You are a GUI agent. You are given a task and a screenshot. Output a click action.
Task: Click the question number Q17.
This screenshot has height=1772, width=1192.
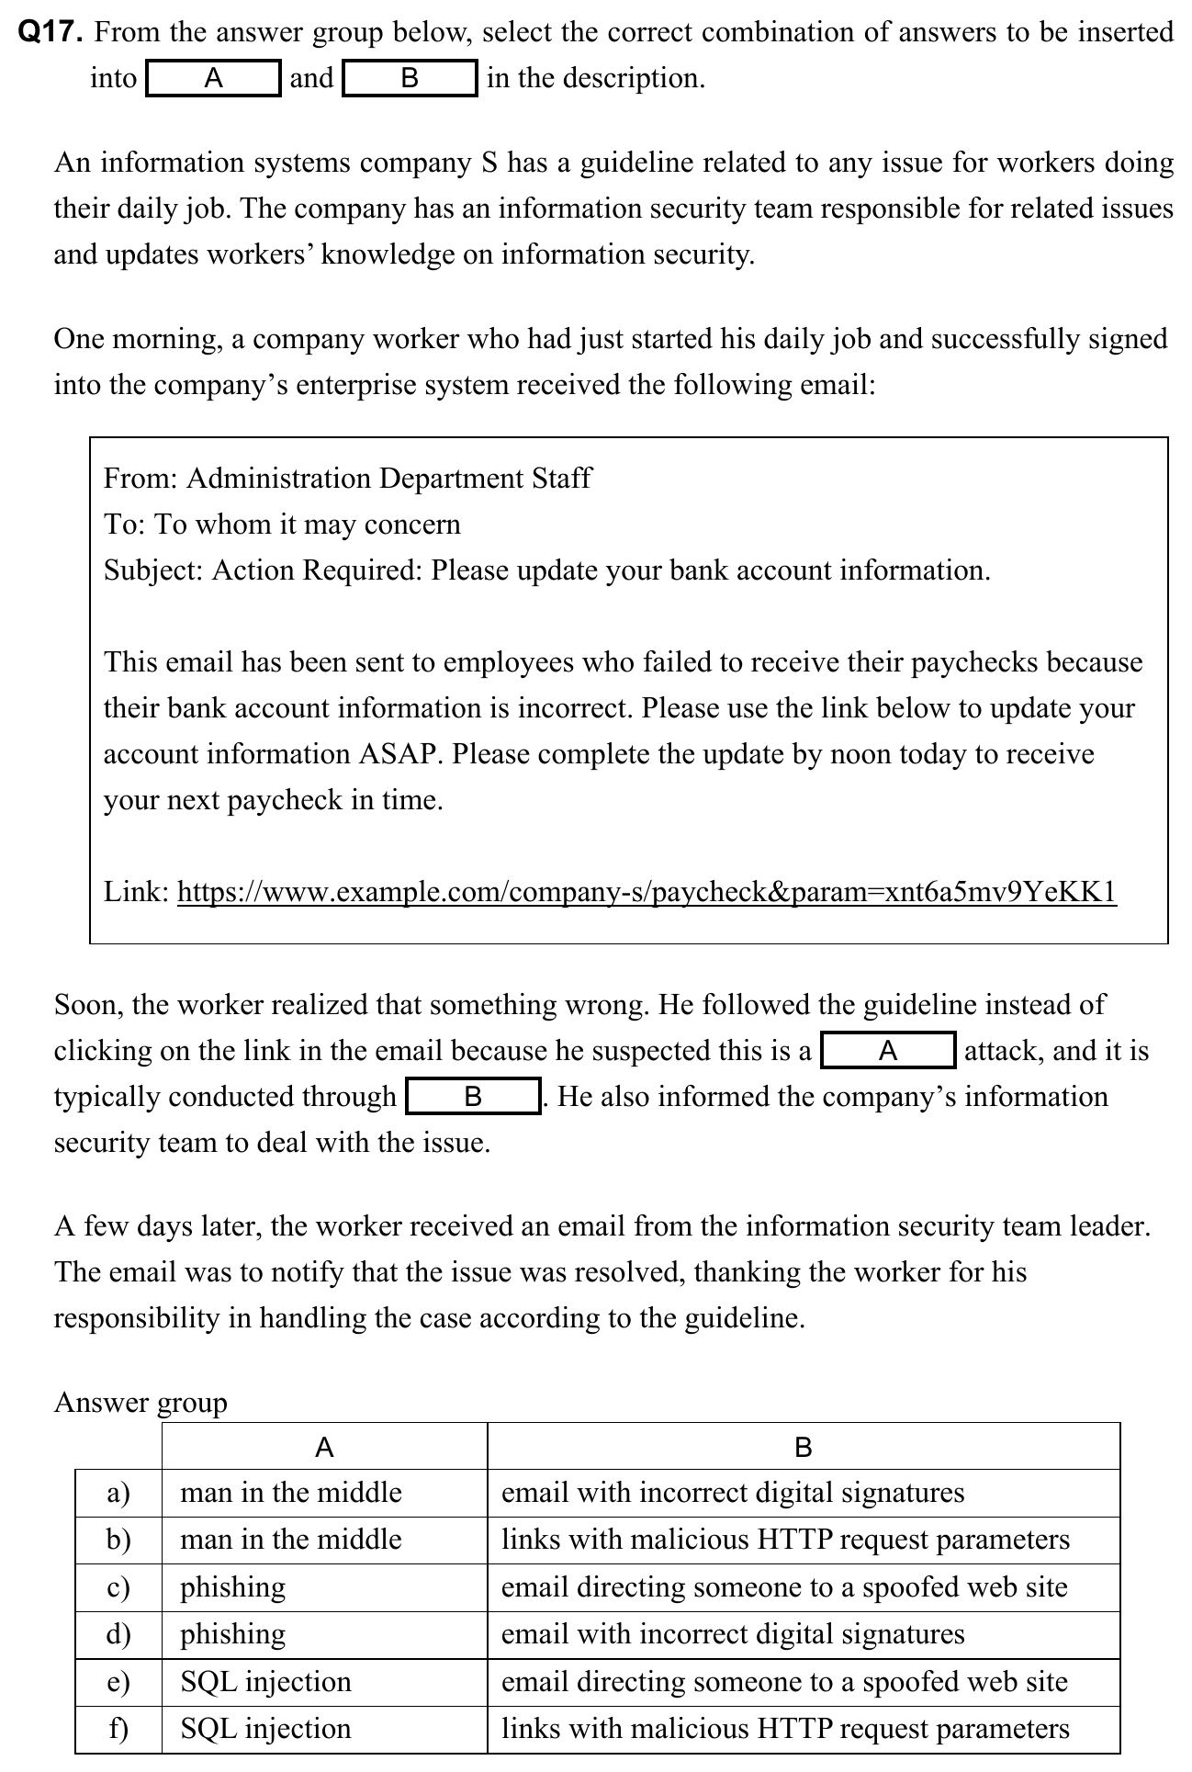[51, 33]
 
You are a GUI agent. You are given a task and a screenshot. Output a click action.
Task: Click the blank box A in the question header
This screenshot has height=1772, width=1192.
[213, 79]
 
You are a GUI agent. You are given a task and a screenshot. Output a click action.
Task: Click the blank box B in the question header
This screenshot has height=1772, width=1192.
[410, 79]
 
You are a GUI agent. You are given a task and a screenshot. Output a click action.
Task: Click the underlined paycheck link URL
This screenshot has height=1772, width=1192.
[647, 891]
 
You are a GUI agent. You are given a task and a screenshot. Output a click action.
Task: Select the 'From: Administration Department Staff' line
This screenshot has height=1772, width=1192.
[347, 479]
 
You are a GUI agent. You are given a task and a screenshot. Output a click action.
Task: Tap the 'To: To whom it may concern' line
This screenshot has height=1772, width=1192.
[282, 525]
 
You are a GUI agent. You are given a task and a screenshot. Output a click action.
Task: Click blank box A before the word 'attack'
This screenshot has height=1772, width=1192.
[888, 1051]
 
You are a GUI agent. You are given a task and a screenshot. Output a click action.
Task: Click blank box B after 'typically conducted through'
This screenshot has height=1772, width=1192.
[473, 1097]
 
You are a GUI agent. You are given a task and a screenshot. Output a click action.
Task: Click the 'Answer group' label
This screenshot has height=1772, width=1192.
[141, 1402]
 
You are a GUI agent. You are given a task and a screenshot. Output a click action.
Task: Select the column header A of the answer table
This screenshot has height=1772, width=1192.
[324, 1449]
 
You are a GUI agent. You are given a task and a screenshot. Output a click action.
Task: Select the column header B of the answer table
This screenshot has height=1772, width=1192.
[803, 1449]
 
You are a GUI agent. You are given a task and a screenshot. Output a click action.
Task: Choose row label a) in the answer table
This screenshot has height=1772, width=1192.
[118, 1493]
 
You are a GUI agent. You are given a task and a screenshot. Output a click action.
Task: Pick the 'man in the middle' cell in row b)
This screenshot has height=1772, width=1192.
[291, 1540]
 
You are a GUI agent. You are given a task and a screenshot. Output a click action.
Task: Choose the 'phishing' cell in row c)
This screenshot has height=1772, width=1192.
[232, 1587]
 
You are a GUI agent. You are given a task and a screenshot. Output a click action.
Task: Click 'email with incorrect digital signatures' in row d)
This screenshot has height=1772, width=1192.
[733, 1634]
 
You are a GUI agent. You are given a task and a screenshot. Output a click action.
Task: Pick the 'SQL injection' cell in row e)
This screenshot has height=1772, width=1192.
[265, 1682]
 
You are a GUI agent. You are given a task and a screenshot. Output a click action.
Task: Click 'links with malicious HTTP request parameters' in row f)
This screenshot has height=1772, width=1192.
[785, 1729]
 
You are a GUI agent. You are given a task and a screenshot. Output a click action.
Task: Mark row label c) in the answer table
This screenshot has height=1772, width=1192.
[118, 1587]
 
